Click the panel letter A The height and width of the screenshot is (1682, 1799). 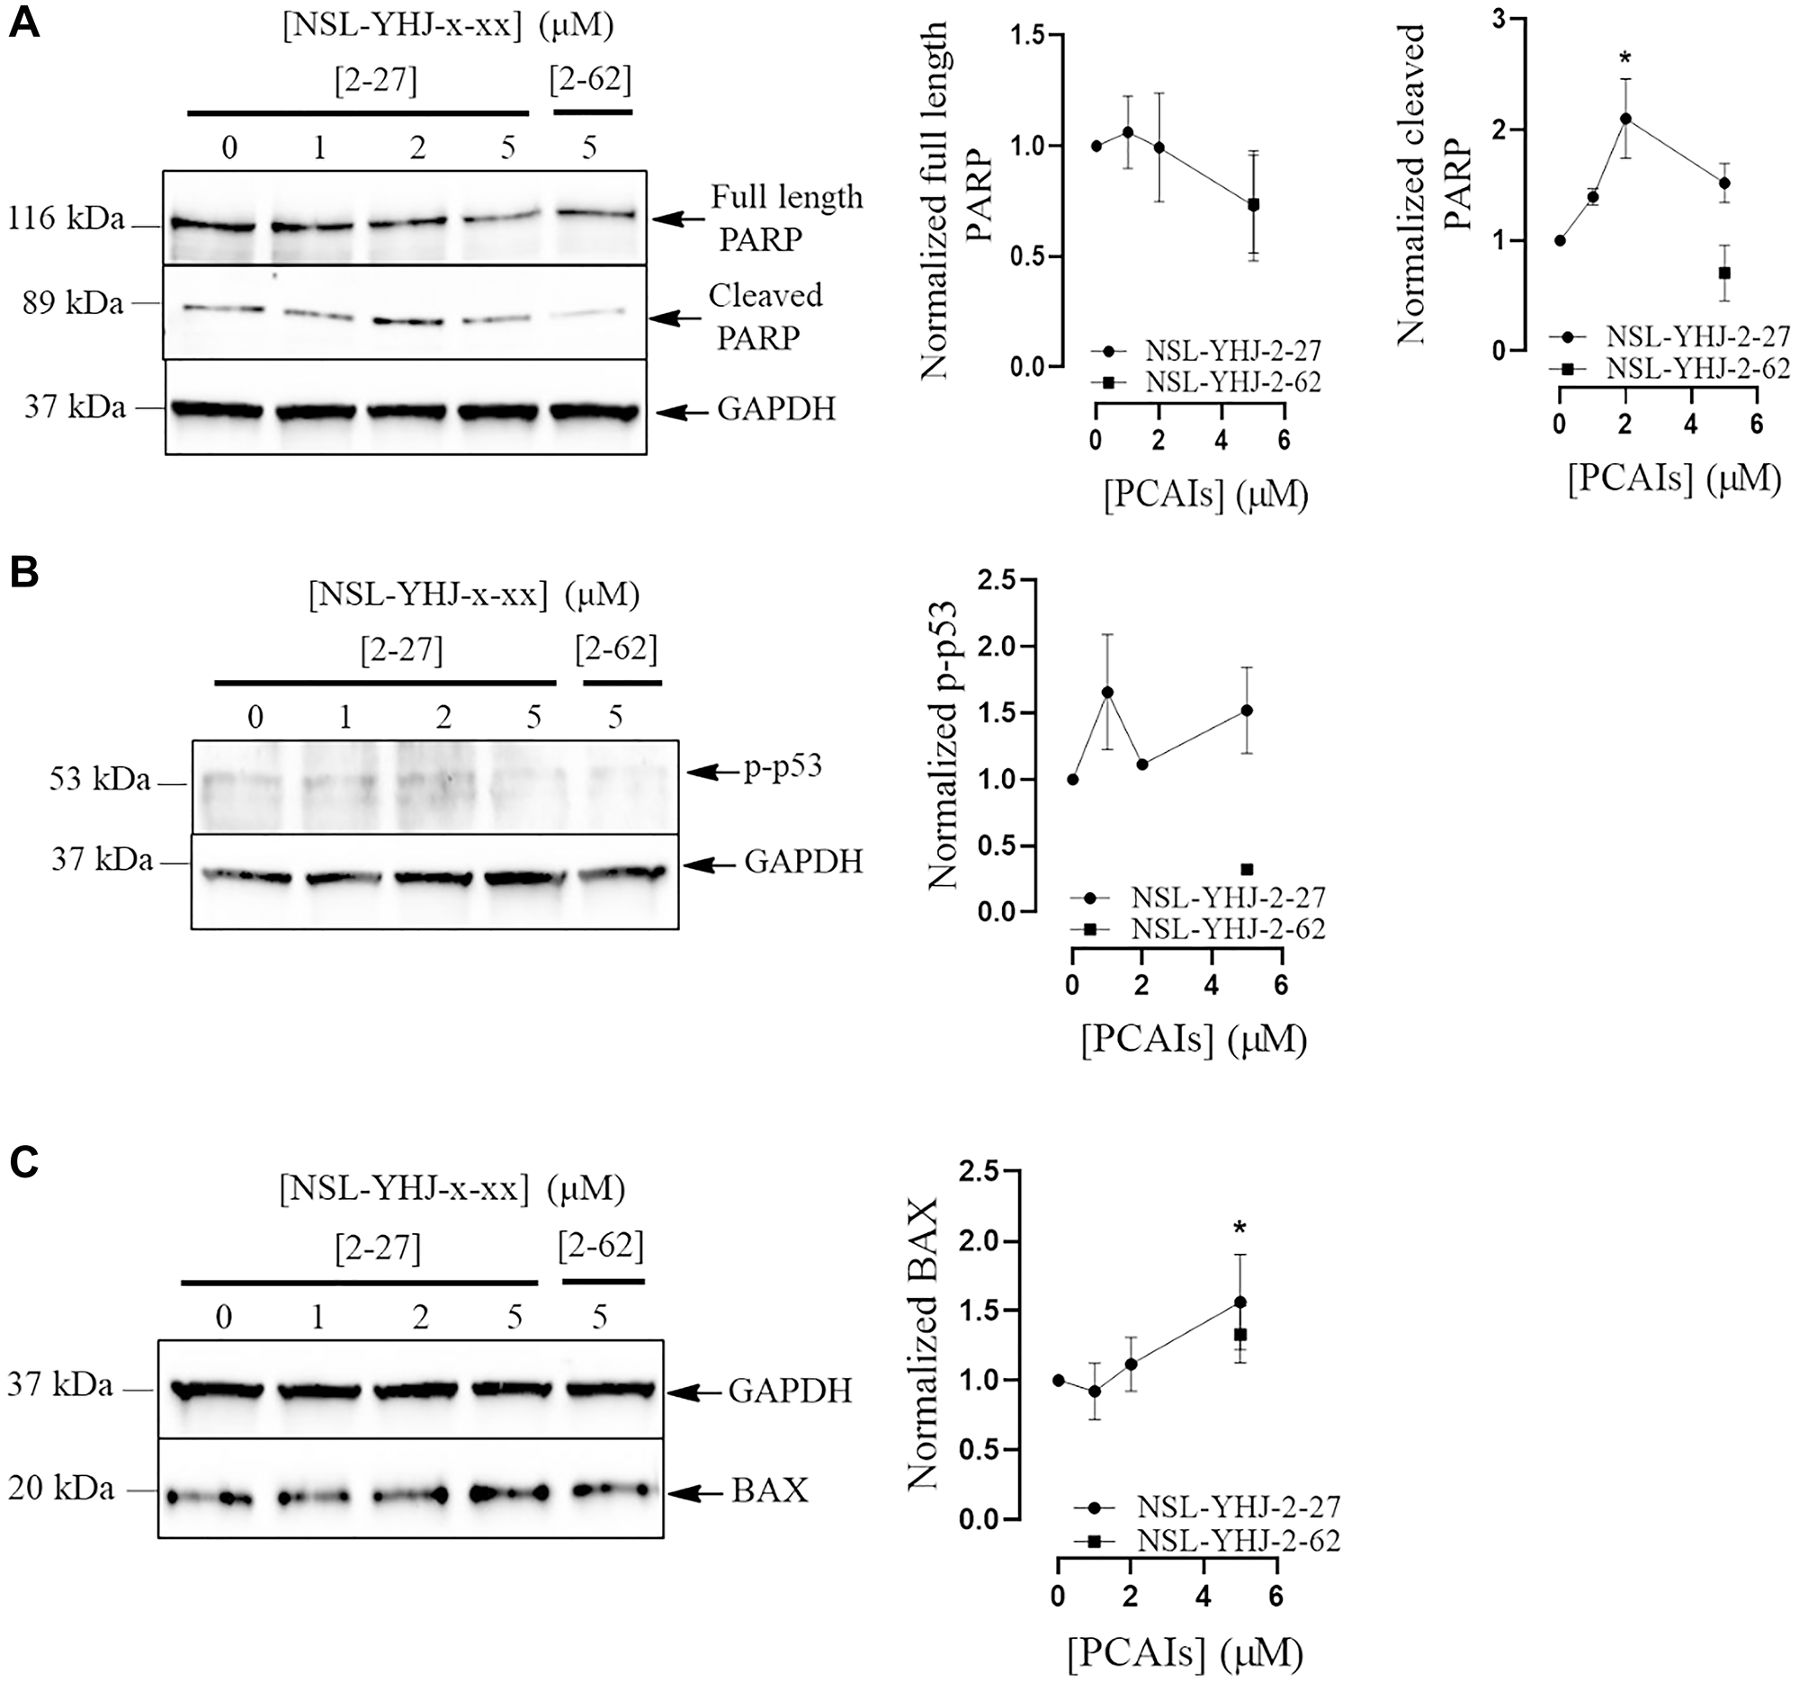click(24, 22)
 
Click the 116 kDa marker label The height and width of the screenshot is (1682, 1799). click(66, 218)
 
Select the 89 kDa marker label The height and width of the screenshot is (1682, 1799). click(73, 303)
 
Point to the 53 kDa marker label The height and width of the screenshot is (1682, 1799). click(100, 779)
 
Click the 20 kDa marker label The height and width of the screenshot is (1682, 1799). click(61, 1489)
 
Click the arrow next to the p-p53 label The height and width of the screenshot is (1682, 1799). click(714, 772)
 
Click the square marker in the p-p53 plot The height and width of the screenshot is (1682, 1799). click(1247, 870)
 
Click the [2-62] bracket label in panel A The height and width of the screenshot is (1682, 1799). click(591, 81)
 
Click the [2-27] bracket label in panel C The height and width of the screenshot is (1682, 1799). click(379, 1249)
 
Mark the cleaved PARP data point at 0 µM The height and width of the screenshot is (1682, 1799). click(1559, 241)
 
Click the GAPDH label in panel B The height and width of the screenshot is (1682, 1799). click(803, 862)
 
